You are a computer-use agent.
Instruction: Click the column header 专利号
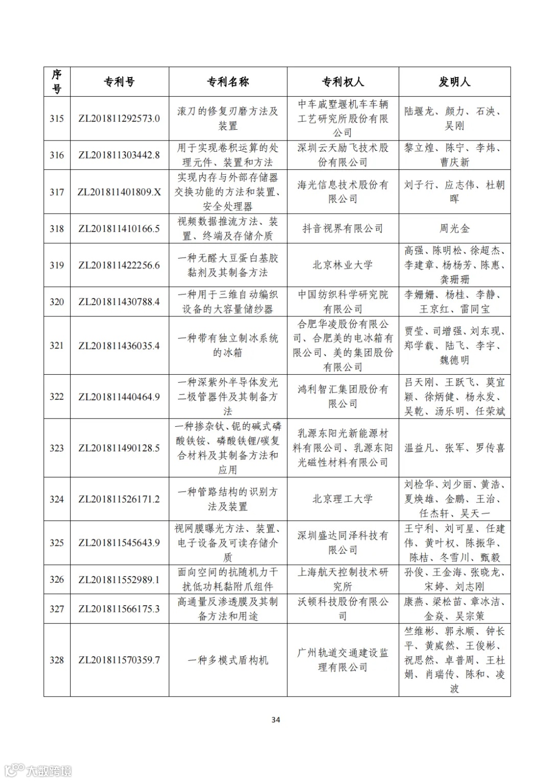tap(119, 82)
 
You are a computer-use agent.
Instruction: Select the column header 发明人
tap(454, 82)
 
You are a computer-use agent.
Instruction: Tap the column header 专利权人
tap(342, 82)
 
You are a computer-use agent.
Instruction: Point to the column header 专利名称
tap(227, 82)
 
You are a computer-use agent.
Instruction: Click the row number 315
tap(57, 119)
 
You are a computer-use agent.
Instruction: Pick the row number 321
tap(57, 346)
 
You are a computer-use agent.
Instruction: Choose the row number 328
tap(57, 660)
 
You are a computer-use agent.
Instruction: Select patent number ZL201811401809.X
tap(119, 192)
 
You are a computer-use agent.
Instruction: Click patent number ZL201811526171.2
tap(119, 499)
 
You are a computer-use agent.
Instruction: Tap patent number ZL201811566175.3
tap(119, 609)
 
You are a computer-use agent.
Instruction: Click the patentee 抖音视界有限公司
tap(342, 228)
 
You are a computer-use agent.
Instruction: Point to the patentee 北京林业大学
tap(342, 265)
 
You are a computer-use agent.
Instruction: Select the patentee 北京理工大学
tap(342, 499)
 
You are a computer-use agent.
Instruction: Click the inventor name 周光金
tap(454, 228)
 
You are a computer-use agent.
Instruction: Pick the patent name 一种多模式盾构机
tap(227, 660)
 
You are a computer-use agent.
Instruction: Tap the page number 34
tap(275, 720)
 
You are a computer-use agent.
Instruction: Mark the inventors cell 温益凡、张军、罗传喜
tap(454, 448)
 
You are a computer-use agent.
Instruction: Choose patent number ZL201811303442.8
tap(119, 155)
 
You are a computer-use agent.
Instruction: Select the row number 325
tap(57, 543)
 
